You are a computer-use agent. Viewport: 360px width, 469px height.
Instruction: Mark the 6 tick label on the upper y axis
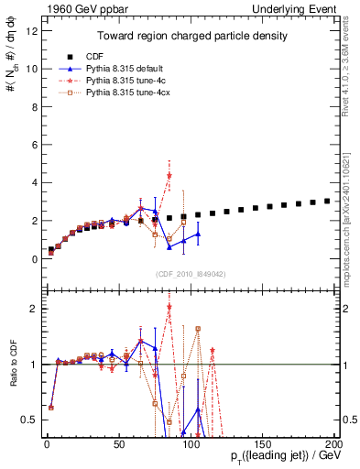coord(33,145)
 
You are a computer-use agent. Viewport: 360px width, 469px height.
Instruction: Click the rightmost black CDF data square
coord(328,201)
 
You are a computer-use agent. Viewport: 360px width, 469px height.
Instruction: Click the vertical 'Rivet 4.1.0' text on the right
coord(351,55)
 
